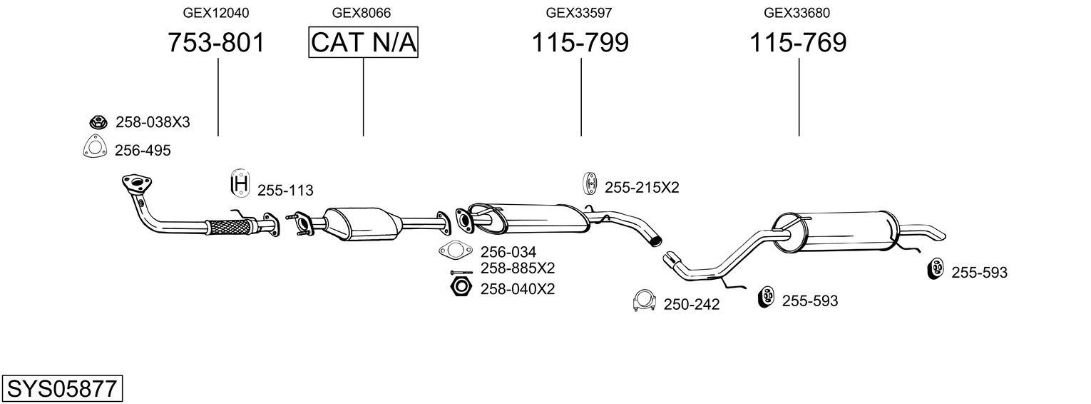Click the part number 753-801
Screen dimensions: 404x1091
[216, 43]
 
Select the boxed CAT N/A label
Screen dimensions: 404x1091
[363, 43]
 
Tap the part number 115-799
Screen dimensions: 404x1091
[580, 43]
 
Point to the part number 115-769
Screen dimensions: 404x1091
[798, 43]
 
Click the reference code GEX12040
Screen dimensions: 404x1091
[216, 13]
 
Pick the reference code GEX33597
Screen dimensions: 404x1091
[580, 13]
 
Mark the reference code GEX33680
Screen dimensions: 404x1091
[797, 13]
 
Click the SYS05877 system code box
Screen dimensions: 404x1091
[62, 389]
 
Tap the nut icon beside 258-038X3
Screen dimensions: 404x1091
[98, 122]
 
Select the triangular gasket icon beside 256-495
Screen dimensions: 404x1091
[94, 148]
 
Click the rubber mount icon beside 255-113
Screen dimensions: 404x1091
[240, 184]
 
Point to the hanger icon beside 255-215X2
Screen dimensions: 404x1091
[590, 184]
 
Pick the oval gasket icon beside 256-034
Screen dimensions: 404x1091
[456, 251]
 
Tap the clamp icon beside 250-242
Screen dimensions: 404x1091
[644, 301]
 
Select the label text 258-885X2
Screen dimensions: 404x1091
[517, 268]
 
